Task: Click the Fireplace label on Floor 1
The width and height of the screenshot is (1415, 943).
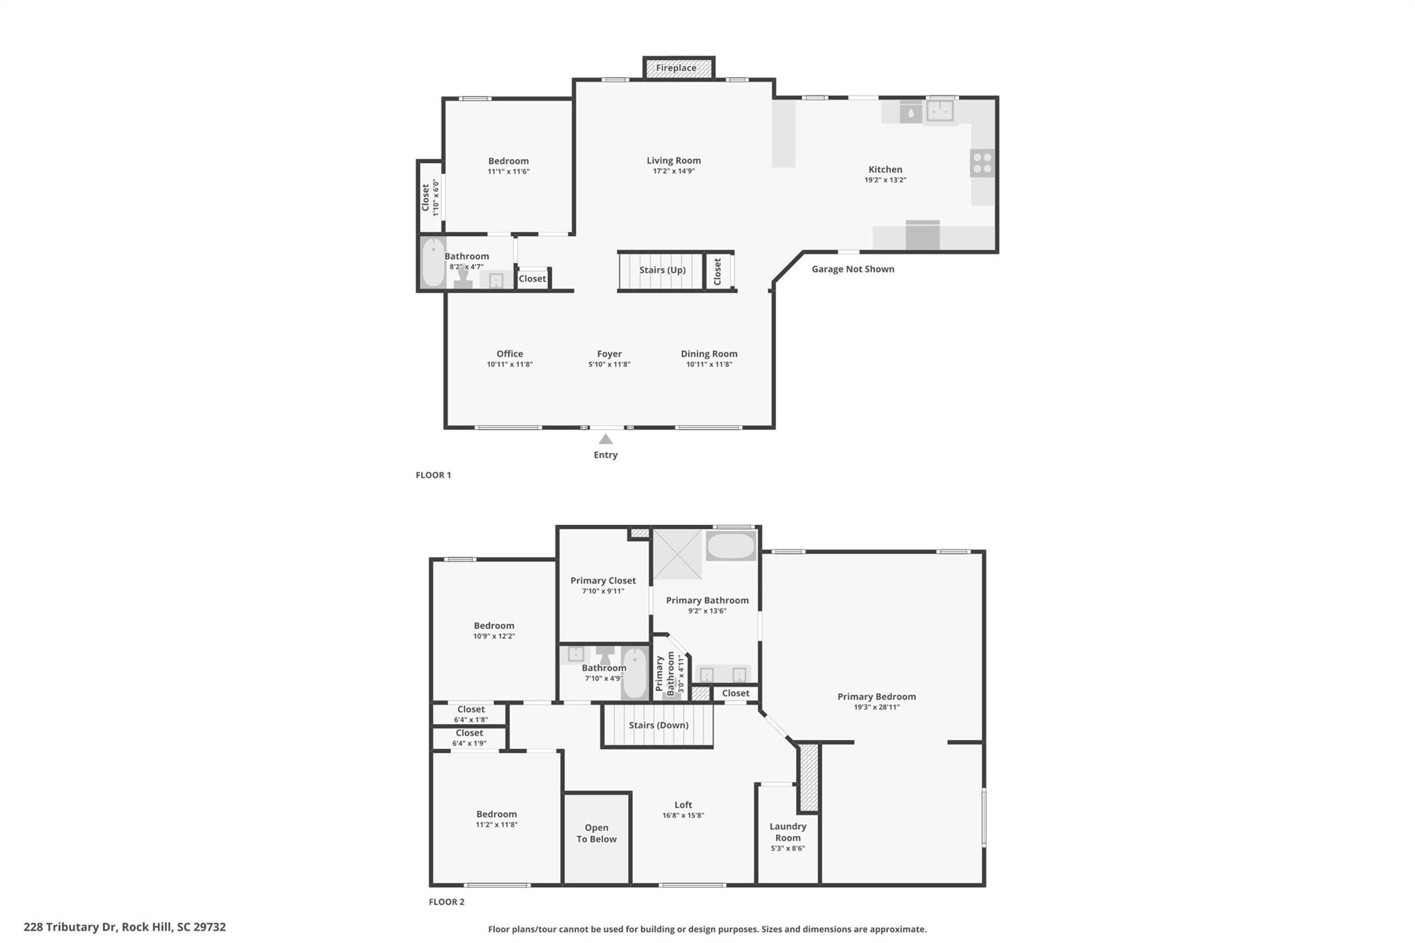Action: (676, 68)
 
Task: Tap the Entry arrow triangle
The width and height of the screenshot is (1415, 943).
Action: (606, 439)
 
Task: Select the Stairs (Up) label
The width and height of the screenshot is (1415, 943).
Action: (662, 269)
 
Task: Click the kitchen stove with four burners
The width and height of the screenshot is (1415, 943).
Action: (982, 163)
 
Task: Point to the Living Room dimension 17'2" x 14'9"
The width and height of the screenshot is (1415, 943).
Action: (674, 171)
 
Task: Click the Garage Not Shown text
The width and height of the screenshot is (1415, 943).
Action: (853, 269)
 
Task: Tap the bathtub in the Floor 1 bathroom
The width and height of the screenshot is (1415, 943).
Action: (433, 263)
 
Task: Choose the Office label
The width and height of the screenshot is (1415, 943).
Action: (510, 354)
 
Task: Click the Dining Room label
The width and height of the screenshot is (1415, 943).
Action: (709, 354)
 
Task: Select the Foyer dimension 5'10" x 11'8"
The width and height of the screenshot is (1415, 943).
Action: (609, 365)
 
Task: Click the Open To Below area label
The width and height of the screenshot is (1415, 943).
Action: (597, 833)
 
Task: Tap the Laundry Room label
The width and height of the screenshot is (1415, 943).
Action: (788, 832)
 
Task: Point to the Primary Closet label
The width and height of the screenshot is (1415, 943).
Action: (603, 580)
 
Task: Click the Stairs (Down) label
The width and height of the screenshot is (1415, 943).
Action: (658, 725)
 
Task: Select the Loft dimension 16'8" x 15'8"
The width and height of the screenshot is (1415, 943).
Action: (683, 815)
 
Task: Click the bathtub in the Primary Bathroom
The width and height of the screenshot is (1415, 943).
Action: (731, 546)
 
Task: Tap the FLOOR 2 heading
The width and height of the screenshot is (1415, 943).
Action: (446, 902)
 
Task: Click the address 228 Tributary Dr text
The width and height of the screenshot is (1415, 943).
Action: (70, 927)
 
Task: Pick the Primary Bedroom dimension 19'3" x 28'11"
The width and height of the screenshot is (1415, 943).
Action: (877, 707)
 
